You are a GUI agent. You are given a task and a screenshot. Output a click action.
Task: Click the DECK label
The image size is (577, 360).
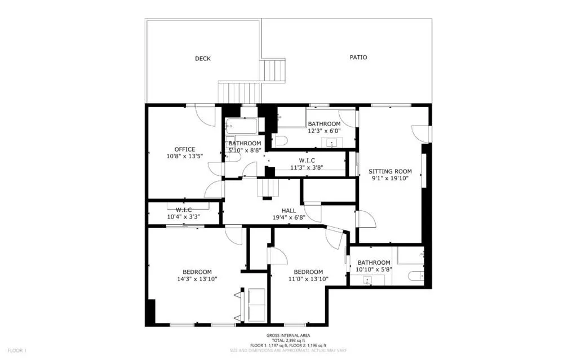tap(203, 59)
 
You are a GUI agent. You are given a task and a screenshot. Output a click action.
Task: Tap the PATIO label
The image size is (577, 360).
tap(358, 57)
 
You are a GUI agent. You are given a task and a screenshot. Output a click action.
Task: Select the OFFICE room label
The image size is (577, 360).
tap(184, 149)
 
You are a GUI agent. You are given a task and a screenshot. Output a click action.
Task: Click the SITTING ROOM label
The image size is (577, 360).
tap(390, 171)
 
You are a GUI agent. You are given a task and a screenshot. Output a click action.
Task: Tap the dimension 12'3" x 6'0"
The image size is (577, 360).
tap(323, 131)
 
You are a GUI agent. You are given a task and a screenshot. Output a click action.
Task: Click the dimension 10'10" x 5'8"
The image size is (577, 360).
tap(374, 269)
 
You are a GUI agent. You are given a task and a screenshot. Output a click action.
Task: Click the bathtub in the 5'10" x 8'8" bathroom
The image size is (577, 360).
tap(241, 125)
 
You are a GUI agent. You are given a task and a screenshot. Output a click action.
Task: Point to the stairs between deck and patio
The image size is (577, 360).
tap(275, 70)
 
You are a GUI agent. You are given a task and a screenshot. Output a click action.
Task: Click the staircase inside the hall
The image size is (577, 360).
tap(268, 188)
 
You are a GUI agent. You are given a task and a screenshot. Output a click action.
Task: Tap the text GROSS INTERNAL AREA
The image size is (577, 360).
tap(288, 335)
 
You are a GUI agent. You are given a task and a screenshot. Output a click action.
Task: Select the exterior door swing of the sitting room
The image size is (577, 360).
tap(421, 133)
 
